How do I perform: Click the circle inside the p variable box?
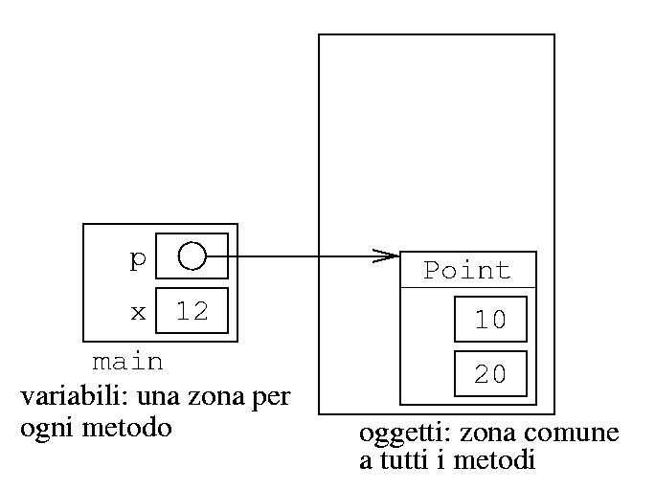[192, 256]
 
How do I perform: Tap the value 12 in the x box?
[192, 311]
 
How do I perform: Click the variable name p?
[137, 258]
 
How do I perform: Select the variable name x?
[137, 312]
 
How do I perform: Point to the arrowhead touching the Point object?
[387, 256]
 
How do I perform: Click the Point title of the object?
[467, 270]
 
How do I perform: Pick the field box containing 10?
[490, 319]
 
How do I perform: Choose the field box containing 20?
[490, 373]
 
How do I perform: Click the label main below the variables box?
[127, 363]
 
